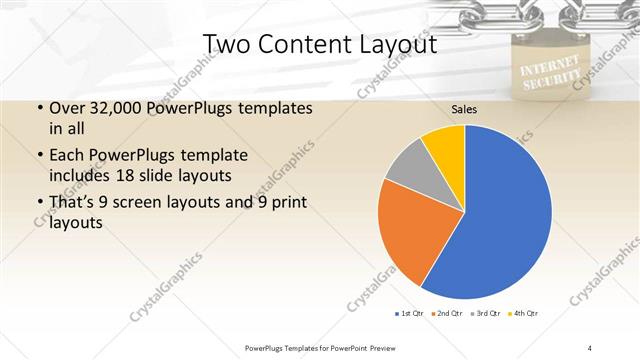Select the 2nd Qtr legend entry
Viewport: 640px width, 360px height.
click(x=447, y=315)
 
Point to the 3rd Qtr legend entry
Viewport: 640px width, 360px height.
click(x=486, y=315)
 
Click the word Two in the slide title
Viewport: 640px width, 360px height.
click(x=227, y=45)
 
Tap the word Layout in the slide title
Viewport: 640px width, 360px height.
click(x=395, y=45)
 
